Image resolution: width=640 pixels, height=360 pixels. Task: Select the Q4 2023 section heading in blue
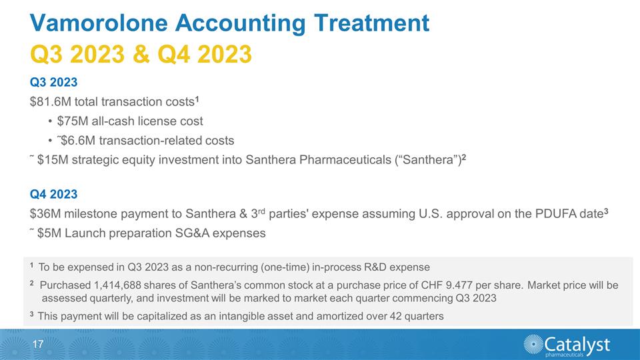point(54,194)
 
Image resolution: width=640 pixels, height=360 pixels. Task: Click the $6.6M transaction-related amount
point(77,141)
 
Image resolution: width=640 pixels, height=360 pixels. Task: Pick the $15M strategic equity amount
point(52,161)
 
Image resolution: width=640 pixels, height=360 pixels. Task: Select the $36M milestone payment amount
point(44,213)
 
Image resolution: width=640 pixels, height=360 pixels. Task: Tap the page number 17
point(39,345)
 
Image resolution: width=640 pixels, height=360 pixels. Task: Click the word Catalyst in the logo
point(577,343)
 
